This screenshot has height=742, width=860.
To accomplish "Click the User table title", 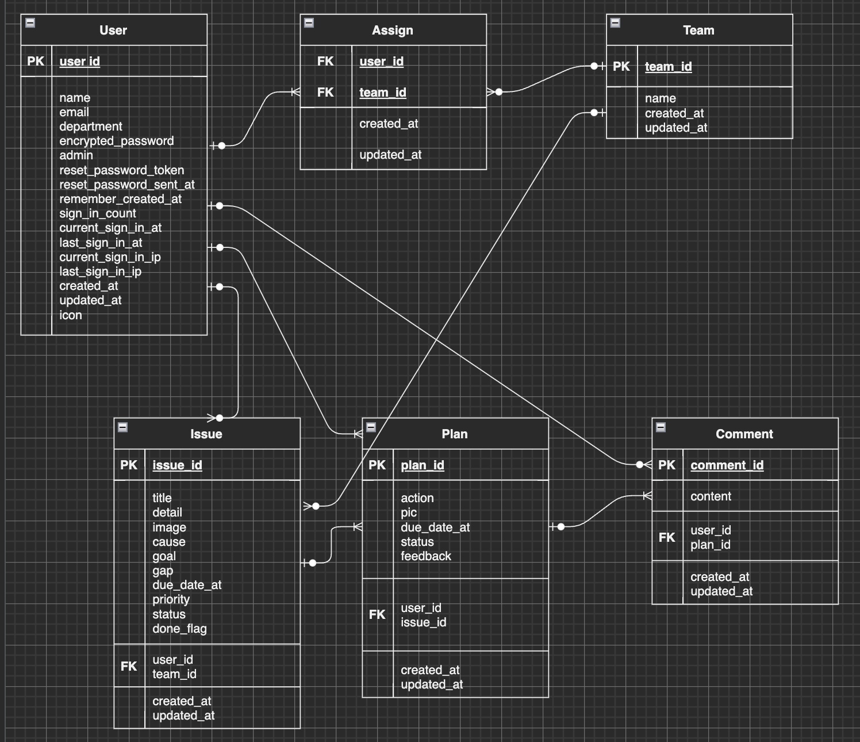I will coord(113,30).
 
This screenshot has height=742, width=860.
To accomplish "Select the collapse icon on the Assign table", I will coord(309,23).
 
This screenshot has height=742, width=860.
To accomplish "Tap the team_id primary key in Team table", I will coord(668,67).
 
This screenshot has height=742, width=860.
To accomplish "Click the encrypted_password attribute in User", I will coord(116,141).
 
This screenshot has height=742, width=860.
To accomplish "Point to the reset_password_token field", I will coord(121,170).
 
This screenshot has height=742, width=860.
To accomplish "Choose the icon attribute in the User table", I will coord(71,315).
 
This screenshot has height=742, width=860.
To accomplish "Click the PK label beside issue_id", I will coord(129,465).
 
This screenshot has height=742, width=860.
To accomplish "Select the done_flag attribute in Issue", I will coord(179,629).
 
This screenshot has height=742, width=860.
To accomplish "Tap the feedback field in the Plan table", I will coord(425,556).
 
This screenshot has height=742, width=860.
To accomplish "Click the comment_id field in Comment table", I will coord(727,465).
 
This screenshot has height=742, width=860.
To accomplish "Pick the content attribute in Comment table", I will coord(711,496).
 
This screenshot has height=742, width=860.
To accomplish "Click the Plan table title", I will coord(454,434).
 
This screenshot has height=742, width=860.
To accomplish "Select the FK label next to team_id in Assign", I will coord(325,93).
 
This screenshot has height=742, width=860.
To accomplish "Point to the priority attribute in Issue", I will coord(171,599).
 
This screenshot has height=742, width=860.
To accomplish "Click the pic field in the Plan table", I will coord(409,512).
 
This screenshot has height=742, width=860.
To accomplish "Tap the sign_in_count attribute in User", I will coord(98,213).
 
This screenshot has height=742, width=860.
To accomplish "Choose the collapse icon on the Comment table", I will coord(661,427).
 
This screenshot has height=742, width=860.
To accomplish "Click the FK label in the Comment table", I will coord(667,538).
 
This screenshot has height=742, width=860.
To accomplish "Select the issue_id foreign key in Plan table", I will coord(423,622).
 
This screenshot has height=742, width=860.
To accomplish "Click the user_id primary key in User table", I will coord(79,62).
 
